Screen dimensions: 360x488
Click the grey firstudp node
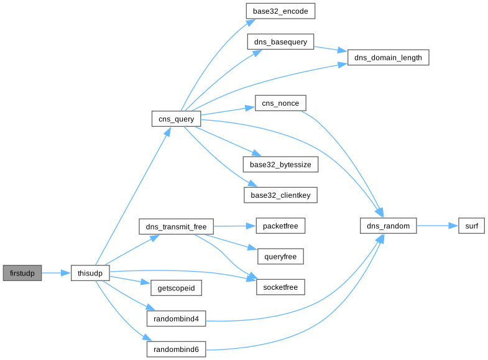(x=22, y=273)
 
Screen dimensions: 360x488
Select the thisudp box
(x=90, y=273)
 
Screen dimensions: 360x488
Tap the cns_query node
(x=176, y=119)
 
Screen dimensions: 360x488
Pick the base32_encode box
(x=281, y=12)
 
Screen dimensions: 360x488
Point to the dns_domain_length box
(x=389, y=58)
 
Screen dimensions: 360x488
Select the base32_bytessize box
(x=281, y=165)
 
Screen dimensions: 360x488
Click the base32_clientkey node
(x=281, y=195)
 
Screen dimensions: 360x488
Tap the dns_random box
(x=389, y=226)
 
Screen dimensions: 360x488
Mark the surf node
(x=471, y=226)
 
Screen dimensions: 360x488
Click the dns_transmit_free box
(x=176, y=226)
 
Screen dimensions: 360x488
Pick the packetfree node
(x=281, y=226)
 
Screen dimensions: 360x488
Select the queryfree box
(x=281, y=256)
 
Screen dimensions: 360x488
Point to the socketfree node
(x=281, y=287)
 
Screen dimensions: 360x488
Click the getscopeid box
(x=176, y=288)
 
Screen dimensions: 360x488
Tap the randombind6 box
(x=176, y=349)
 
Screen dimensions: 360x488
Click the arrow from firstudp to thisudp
(x=56, y=273)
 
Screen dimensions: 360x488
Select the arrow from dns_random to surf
(x=438, y=226)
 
